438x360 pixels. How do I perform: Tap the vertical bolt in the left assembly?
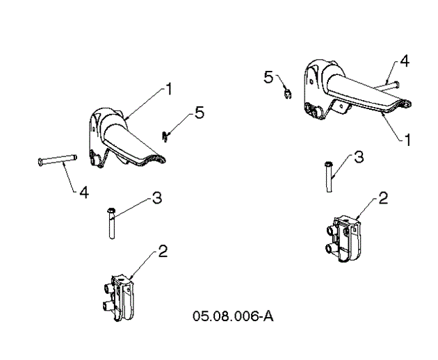(x=112, y=222)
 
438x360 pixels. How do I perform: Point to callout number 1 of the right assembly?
(x=408, y=139)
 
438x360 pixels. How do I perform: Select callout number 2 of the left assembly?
(x=162, y=251)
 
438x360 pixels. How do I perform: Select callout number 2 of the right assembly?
(x=382, y=199)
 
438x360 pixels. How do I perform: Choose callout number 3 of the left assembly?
(x=157, y=198)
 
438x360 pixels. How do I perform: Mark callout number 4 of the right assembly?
(x=405, y=62)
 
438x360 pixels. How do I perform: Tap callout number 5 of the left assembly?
(x=200, y=113)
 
